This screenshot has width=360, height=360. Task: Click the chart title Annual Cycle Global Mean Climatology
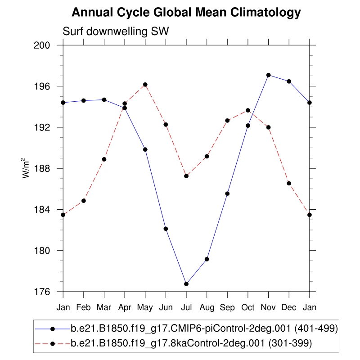pos(186,13)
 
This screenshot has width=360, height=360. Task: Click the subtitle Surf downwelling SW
pos(115,31)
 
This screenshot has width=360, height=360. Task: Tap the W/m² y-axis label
pos(27,168)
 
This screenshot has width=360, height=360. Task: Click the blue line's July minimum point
pos(186,284)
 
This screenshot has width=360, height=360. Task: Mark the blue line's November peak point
pos(269,75)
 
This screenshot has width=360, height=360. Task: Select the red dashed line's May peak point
pos(145,85)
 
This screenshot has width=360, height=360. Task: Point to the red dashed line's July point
pos(186,176)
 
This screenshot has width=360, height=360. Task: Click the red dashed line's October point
pos(248,110)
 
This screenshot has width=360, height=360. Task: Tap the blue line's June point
pos(166,229)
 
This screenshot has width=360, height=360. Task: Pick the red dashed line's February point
pos(84,201)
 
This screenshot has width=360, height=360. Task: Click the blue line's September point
pos(227,193)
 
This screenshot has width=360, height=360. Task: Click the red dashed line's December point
pos(289,183)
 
